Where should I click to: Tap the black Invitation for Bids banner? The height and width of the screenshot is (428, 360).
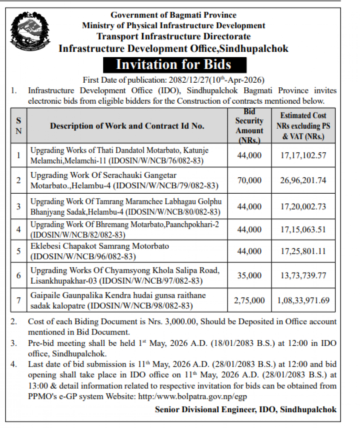click(x=173, y=64)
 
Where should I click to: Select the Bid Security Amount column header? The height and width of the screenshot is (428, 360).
click(x=249, y=126)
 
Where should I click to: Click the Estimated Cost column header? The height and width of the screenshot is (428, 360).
click(x=303, y=126)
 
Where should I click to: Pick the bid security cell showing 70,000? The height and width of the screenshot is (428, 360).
click(x=249, y=180)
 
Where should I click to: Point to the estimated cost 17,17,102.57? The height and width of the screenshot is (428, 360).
click(x=303, y=155)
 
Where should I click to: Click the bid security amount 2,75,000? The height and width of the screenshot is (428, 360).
click(x=249, y=301)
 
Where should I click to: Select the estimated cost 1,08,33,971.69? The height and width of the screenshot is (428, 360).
click(x=303, y=301)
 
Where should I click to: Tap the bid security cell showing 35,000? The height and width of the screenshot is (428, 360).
click(x=249, y=276)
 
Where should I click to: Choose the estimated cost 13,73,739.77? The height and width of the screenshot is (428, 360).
click(x=303, y=276)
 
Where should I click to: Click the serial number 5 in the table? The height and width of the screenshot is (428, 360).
click(x=19, y=251)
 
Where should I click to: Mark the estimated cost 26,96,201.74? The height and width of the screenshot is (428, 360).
click(x=303, y=180)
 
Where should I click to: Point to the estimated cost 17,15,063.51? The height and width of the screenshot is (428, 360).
click(x=303, y=230)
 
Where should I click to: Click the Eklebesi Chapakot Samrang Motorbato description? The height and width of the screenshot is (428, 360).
click(x=100, y=247)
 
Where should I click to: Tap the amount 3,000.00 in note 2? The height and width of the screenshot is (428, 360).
click(x=178, y=322)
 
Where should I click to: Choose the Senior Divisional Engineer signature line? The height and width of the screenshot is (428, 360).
click(x=245, y=409)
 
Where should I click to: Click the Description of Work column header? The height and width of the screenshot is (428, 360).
click(x=127, y=126)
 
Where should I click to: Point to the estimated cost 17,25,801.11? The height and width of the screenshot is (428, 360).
click(x=303, y=251)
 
